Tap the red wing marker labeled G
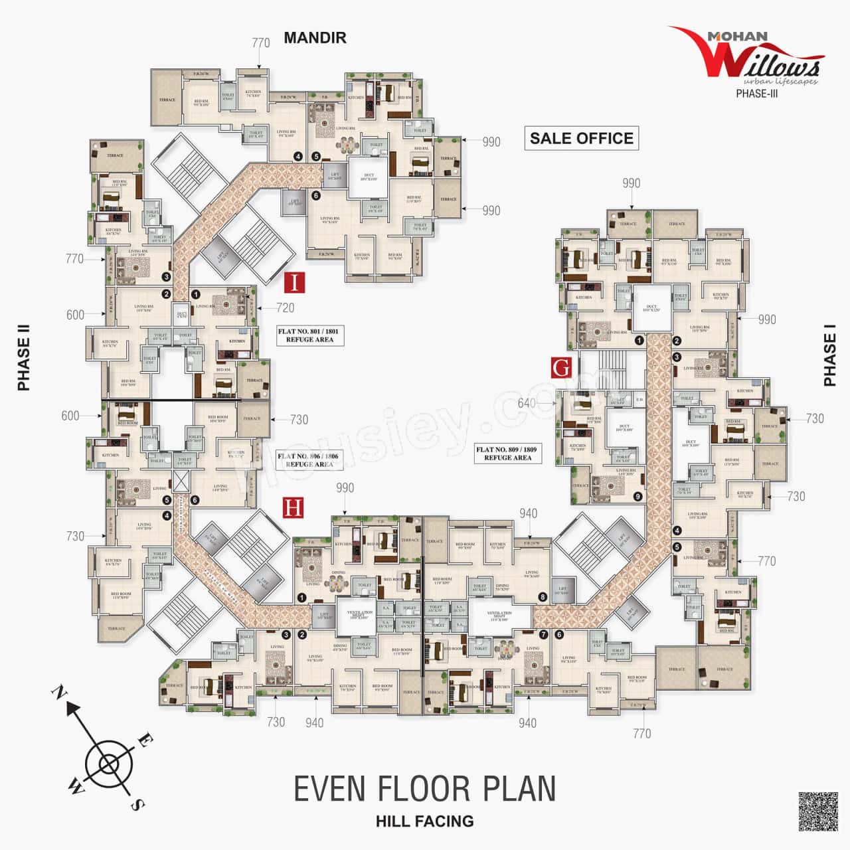562,367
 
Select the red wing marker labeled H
293,508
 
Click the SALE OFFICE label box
582,138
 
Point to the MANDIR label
315,38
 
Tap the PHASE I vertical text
830,359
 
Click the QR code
817,811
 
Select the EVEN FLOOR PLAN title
424,788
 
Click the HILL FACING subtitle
424,821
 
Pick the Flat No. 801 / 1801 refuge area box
309,335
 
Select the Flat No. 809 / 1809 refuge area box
508,454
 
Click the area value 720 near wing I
286,307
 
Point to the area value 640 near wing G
527,403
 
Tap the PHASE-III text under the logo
756,94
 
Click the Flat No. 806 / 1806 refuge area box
309,460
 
